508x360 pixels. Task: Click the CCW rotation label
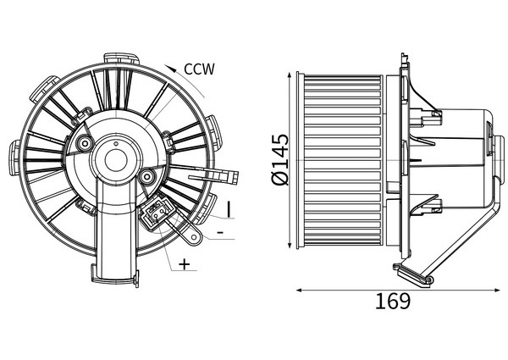(199, 69)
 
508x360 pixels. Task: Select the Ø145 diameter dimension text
(280, 159)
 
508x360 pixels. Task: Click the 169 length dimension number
(393, 301)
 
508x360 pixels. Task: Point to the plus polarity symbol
(184, 264)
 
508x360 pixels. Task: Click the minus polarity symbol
(220, 232)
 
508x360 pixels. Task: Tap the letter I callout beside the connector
(229, 209)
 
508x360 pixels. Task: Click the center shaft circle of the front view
(116, 160)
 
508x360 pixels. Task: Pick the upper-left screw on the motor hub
(85, 142)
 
